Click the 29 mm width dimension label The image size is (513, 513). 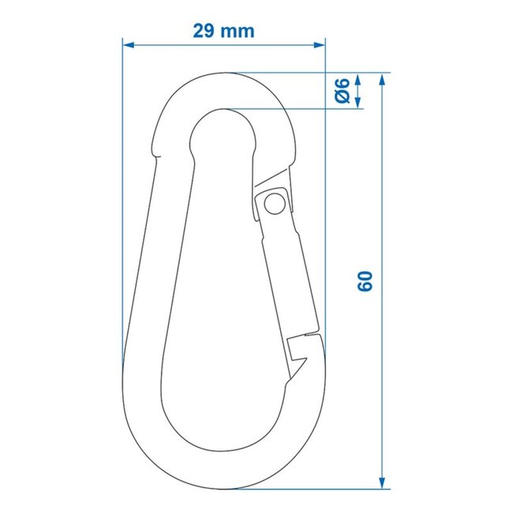[x=223, y=31]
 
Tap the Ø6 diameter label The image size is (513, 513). [x=342, y=91]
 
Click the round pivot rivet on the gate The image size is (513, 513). [x=274, y=204]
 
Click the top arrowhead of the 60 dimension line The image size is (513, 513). [x=383, y=80]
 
